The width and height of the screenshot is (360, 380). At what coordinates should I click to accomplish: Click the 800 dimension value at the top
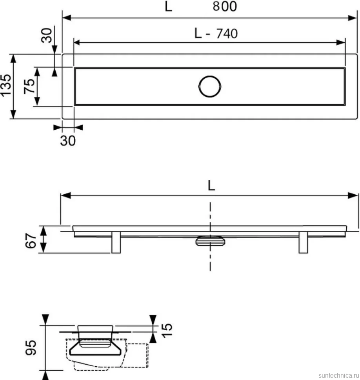(x=225, y=6)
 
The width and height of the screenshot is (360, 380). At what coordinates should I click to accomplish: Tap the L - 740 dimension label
(x=216, y=33)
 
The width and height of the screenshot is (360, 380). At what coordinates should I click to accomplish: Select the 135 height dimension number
(x=5, y=85)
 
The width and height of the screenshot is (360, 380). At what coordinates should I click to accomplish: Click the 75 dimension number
(x=29, y=86)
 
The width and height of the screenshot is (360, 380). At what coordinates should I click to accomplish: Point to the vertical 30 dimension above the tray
(x=46, y=35)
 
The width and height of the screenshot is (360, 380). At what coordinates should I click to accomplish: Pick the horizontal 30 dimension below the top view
(x=68, y=141)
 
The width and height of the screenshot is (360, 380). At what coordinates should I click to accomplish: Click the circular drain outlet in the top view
(x=210, y=87)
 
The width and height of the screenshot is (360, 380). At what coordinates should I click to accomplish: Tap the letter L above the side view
(x=211, y=185)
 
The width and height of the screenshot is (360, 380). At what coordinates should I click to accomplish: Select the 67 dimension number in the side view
(x=31, y=241)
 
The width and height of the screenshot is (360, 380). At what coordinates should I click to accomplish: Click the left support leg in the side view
(x=116, y=242)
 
